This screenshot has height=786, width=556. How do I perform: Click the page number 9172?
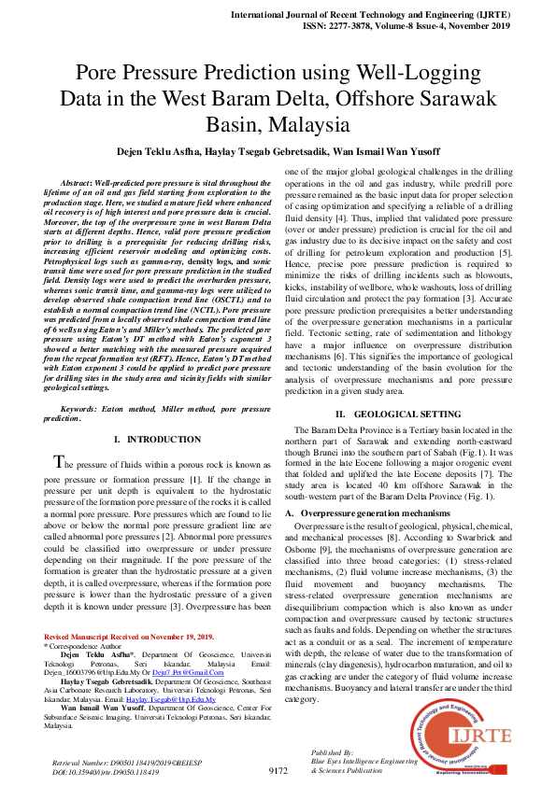[278, 771]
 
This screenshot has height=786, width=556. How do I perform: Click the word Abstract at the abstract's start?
[78, 180]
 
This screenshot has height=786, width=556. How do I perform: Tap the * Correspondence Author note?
[83, 645]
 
